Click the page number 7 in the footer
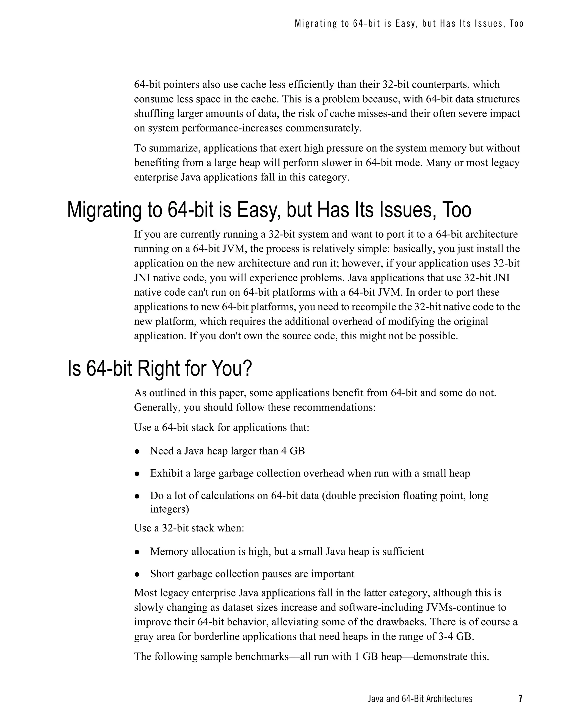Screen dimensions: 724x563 pos(520,698)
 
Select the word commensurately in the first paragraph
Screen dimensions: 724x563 pos(323,128)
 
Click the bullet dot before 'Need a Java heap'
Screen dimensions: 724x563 pos(137,452)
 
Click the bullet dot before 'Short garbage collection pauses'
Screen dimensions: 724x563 pos(137,574)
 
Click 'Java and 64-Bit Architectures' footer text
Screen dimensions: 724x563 pos(420,699)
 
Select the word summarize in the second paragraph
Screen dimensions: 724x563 pos(174,148)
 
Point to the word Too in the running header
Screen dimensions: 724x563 pos(517,24)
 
